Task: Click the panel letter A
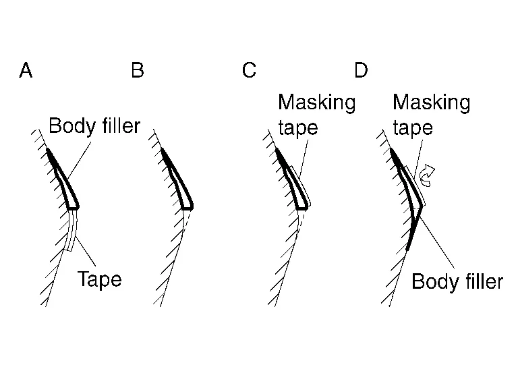(x=26, y=70)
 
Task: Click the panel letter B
(x=138, y=70)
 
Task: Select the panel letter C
(x=249, y=70)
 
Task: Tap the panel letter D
(x=361, y=70)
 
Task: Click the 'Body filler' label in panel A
(x=94, y=126)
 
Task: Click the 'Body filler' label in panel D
(x=457, y=281)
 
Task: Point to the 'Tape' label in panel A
(x=99, y=279)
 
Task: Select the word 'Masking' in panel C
(x=316, y=103)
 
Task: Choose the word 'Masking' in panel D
(x=431, y=103)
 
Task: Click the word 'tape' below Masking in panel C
(x=297, y=128)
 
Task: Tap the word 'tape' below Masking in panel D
(x=412, y=128)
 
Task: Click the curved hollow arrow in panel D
(x=428, y=177)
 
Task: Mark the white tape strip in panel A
(x=73, y=230)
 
